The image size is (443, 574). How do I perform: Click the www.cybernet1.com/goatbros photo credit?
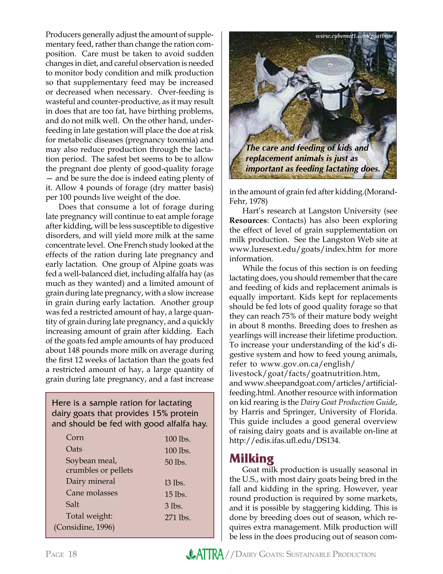pyautogui.click(x=354, y=36)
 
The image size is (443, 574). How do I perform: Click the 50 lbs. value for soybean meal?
pyautogui.click(x=176, y=462)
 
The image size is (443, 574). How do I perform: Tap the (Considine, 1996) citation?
pyautogui.click(x=84, y=527)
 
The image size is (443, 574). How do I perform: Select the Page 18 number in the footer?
pyautogui.click(x=61, y=554)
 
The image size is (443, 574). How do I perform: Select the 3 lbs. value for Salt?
pyautogui.click(x=173, y=506)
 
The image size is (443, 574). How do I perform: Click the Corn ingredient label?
pyautogui.click(x=75, y=437)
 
